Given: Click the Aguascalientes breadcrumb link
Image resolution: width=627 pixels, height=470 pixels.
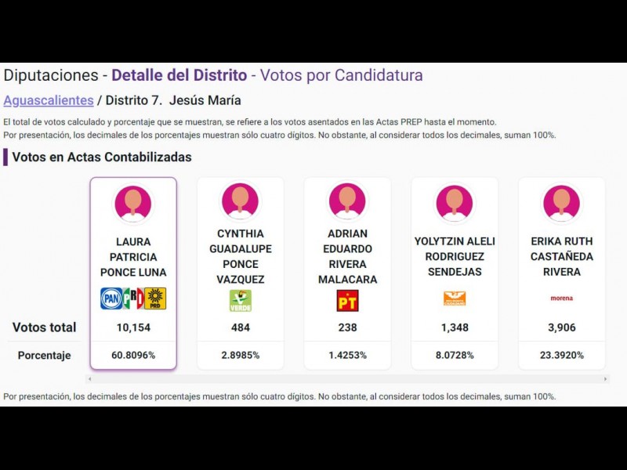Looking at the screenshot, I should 48,100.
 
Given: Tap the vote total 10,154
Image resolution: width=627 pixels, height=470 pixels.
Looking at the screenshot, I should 133,327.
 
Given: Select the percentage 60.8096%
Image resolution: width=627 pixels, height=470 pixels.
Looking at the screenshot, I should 133,355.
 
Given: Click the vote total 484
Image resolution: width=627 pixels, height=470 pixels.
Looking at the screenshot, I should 241,327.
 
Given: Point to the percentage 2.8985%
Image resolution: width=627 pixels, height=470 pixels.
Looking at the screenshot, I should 241,355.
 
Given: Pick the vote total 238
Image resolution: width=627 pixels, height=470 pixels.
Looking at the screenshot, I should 347,327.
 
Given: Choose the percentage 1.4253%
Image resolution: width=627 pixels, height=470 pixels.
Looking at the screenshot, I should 347,355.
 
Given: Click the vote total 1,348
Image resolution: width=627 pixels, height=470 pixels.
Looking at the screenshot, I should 455,327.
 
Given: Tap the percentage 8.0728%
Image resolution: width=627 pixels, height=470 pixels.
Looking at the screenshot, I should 455,355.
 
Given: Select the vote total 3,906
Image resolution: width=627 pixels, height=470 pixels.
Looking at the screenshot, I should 561,327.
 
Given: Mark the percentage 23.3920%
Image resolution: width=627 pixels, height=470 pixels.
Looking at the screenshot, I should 561,355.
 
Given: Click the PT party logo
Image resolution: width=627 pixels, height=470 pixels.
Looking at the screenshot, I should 347,300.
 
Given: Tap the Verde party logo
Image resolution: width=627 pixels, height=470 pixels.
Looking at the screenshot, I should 240,300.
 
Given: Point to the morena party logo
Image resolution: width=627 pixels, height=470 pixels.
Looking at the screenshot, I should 561,298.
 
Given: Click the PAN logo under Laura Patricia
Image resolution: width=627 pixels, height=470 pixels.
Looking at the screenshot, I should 111,298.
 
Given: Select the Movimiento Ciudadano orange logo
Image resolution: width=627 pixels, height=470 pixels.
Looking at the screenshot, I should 455,298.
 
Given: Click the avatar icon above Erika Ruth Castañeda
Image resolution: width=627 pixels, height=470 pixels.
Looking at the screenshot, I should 561,203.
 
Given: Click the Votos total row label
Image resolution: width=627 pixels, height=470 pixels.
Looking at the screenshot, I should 45,327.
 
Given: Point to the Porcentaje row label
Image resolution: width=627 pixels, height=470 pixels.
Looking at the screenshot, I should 45,355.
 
